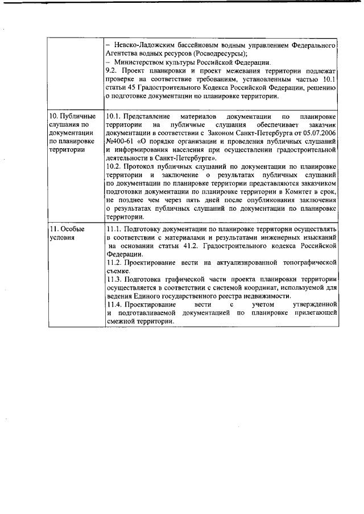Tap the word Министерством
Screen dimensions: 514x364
144,62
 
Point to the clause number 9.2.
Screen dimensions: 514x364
113,70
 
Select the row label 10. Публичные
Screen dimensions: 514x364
72,117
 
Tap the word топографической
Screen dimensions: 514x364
307,262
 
